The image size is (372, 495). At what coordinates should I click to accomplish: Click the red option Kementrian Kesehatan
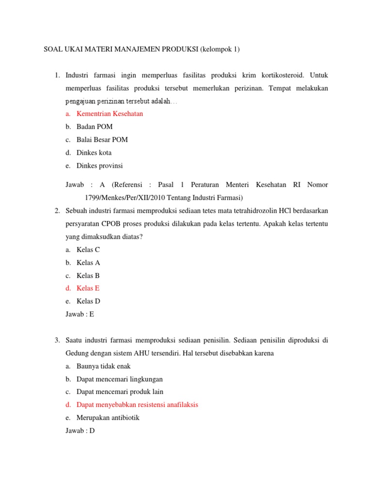pyautogui.click(x=109, y=114)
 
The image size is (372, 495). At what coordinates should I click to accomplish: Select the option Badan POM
pyautogui.click(x=94, y=127)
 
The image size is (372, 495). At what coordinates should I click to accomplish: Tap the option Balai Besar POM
pyautogui.click(x=102, y=140)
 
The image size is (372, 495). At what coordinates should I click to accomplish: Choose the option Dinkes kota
pyautogui.click(x=94, y=153)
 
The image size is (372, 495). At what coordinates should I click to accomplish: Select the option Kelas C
pyautogui.click(x=88, y=249)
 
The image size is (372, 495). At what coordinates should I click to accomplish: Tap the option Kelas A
pyautogui.click(x=88, y=262)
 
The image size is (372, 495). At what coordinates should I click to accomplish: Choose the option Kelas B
pyautogui.click(x=88, y=276)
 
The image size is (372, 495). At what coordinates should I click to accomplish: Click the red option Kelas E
pyautogui.click(x=88, y=288)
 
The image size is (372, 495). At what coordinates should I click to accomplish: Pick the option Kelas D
pyautogui.click(x=88, y=301)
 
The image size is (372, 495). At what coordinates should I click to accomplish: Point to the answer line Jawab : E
pyautogui.click(x=79, y=314)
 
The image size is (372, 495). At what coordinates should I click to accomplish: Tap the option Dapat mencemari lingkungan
pyautogui.click(x=120, y=379)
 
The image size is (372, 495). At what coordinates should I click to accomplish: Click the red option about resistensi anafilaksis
pyautogui.click(x=137, y=405)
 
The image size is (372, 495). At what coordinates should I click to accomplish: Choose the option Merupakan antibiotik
pyautogui.click(x=108, y=418)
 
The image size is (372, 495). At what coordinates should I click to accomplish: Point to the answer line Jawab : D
pyautogui.click(x=80, y=431)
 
